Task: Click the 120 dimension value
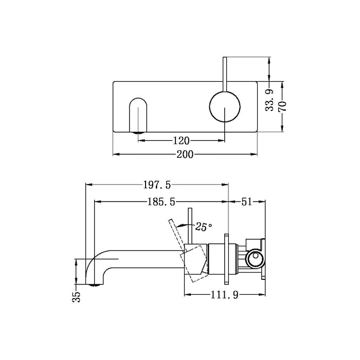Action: click(182, 140)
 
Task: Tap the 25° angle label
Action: click(203, 226)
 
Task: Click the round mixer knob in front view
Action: click(224, 106)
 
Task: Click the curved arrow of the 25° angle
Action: click(181, 224)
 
